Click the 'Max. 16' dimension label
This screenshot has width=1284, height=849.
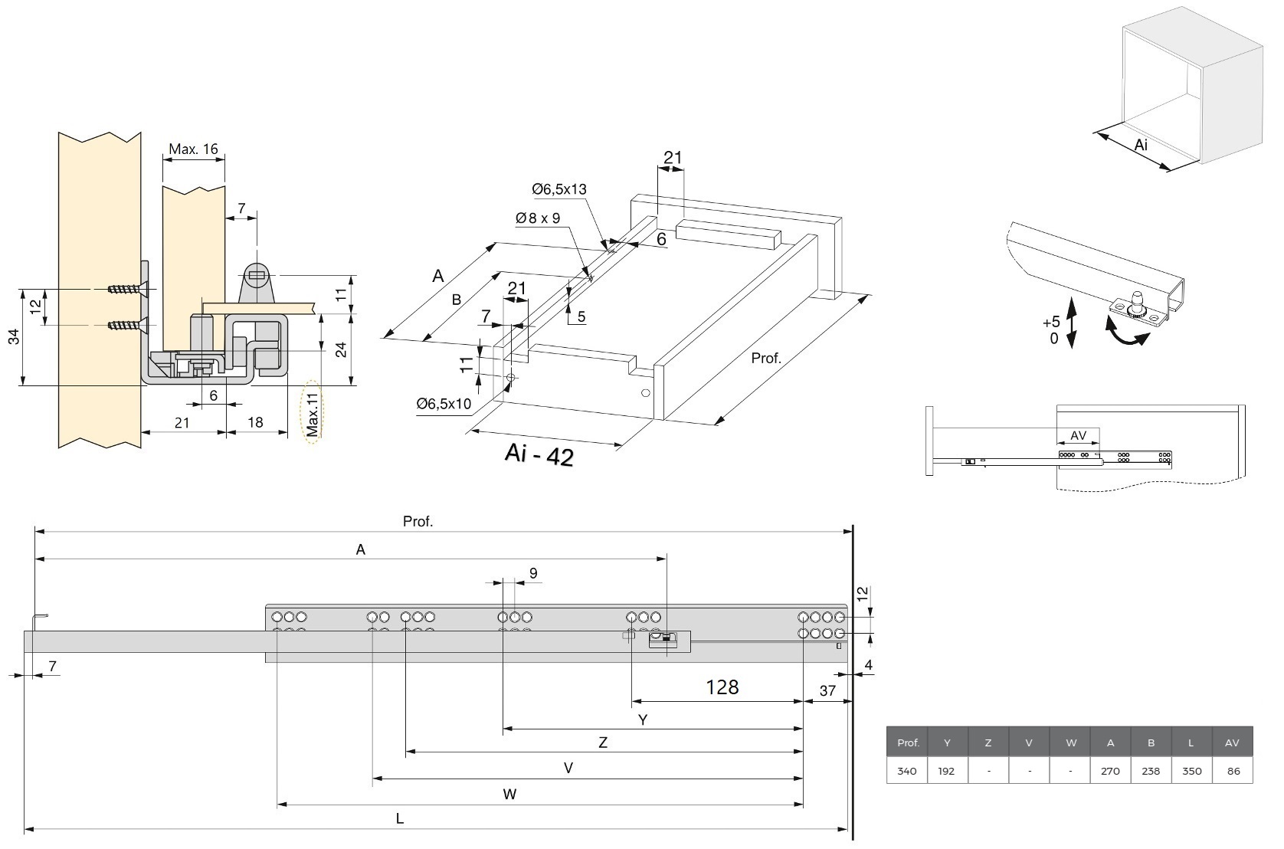[193, 149]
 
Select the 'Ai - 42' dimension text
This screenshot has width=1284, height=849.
[539, 455]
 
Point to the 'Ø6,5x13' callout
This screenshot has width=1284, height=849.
[559, 189]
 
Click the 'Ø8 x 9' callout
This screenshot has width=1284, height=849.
[538, 218]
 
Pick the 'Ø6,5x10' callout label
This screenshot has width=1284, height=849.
[444, 404]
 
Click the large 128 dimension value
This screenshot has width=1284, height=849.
[722, 687]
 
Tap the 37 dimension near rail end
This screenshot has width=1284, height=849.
[827, 691]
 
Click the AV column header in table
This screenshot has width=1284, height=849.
[1232, 742]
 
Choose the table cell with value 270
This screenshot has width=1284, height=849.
[1110, 771]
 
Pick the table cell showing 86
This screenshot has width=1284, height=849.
[1232, 771]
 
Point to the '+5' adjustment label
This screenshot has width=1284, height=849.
[1051, 322]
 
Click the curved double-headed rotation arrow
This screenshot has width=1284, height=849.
[1128, 336]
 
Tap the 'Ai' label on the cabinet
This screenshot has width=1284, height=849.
[1141, 145]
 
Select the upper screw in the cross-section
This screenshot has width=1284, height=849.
[125, 290]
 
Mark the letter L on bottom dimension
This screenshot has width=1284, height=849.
[399, 818]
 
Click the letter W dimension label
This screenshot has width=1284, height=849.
[509, 794]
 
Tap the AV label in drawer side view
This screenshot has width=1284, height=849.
[1078, 435]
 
